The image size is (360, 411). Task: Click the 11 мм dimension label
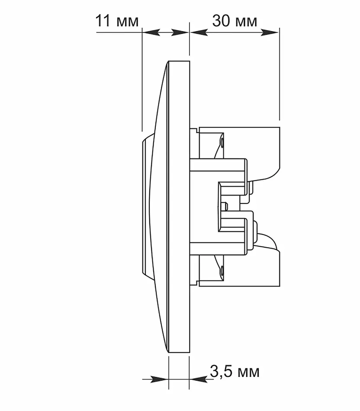117,21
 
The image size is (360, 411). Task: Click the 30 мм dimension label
235,21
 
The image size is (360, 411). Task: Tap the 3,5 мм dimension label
235,371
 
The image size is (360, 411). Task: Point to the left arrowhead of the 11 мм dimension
151,32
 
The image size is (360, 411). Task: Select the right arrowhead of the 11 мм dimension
180,32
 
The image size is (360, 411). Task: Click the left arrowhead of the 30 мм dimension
199,32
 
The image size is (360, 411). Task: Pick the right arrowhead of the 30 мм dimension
270,32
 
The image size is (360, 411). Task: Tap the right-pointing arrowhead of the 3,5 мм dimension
159,379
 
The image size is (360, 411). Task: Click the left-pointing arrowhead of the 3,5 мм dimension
198,379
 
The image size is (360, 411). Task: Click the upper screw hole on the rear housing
222,142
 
